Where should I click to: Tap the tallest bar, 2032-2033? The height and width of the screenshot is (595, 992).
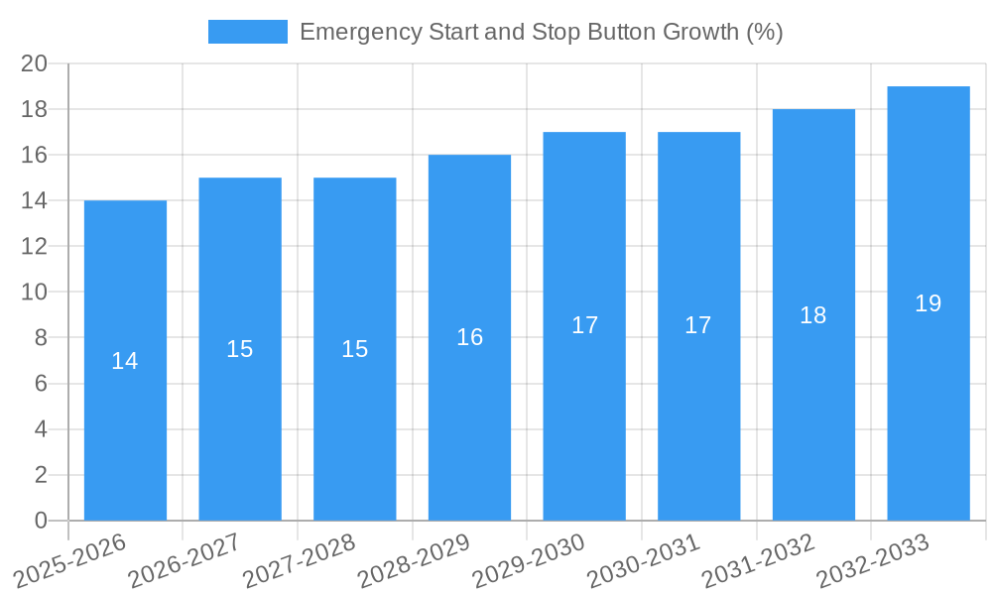pos(928,397)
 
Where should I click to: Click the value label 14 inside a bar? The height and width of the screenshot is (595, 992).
pos(125,361)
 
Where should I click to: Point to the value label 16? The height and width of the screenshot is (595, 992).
pos(469,337)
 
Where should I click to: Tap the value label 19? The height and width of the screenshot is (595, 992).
pos(928,303)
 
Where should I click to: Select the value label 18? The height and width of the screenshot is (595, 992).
pos(813,315)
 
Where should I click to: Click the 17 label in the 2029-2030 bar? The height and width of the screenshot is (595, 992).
pos(584,325)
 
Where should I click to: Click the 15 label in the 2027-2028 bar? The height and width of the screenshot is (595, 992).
pos(355,349)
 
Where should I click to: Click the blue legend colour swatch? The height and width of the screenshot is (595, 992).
pos(247,32)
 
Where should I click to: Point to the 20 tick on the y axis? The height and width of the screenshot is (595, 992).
pos(35,63)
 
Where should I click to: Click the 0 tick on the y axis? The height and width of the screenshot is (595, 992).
pos(41,521)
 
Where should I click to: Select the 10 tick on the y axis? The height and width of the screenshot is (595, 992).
pos(35,293)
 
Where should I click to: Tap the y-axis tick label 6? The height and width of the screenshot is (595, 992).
pos(41,384)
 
